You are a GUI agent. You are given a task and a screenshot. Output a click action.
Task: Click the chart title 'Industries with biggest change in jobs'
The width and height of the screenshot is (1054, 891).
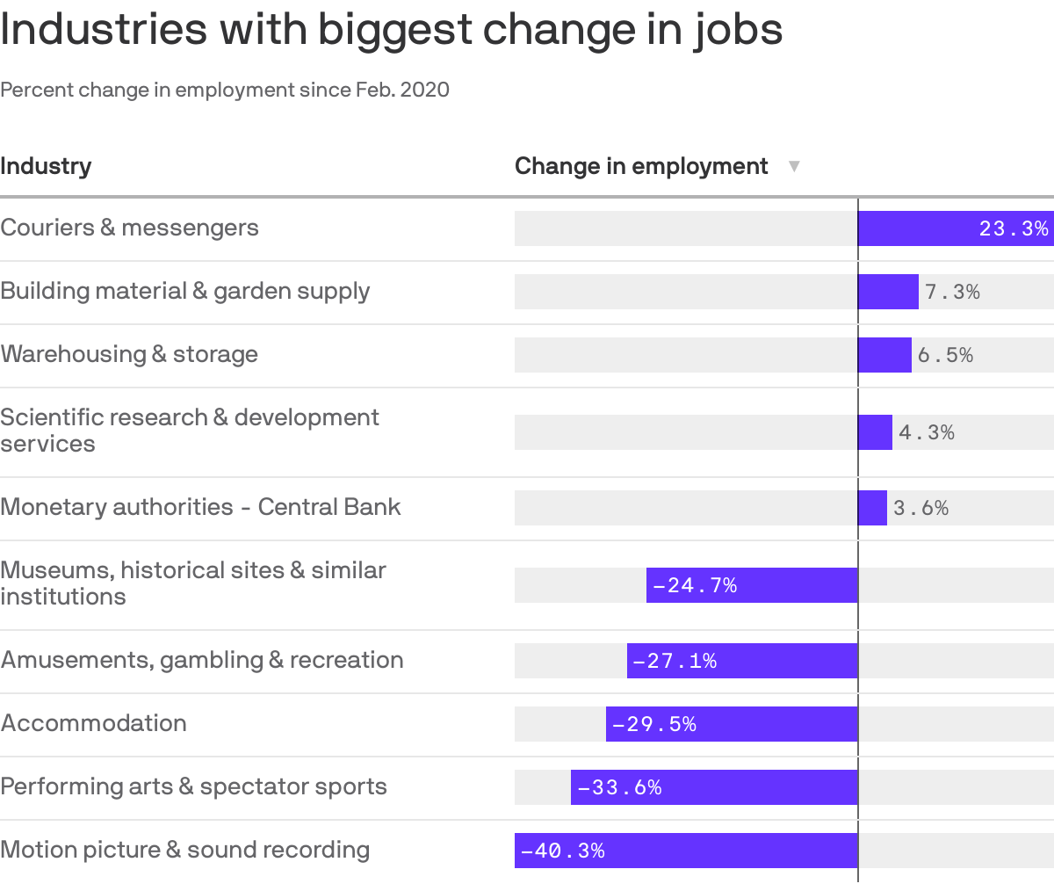[391, 30]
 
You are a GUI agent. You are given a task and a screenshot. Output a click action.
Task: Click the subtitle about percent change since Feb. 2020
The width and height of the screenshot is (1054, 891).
[225, 90]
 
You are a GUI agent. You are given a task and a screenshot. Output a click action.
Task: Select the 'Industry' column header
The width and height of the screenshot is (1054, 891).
[46, 166]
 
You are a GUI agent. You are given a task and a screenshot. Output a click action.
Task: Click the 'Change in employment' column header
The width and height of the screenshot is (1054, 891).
[641, 166]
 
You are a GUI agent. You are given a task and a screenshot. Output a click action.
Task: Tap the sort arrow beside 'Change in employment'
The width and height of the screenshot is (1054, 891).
[794, 166]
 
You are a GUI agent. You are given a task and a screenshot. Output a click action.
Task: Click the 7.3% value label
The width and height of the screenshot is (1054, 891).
[952, 292]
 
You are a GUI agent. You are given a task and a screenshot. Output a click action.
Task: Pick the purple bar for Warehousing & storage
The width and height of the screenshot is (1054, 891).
[884, 355]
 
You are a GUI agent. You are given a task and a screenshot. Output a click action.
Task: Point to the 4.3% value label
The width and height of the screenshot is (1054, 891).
[927, 432]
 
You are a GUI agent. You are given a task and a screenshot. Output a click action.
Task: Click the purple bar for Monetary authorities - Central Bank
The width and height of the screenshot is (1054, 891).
[872, 508]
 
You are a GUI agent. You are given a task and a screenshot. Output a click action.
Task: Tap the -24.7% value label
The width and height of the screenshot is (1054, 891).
[695, 585]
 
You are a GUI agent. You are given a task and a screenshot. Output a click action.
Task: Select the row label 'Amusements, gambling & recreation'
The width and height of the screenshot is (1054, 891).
[202, 660]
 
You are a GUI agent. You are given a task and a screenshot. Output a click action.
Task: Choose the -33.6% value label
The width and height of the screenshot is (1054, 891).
[619, 787]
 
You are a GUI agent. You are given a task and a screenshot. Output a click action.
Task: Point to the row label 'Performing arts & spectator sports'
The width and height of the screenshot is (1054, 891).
[193, 786]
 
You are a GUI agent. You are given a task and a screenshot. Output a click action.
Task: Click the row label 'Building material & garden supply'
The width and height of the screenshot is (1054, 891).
[185, 291]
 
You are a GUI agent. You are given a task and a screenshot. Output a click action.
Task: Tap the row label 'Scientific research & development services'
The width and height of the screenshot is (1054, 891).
[190, 430]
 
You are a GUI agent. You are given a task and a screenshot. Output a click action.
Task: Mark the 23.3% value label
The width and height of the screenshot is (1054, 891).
[1014, 228]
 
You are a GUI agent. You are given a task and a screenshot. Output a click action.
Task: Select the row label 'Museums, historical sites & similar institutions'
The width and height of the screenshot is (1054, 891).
[193, 583]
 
